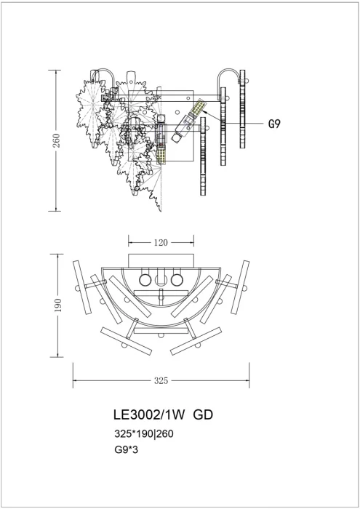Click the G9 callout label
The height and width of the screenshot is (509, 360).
pos(274,124)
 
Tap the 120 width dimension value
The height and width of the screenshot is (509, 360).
pos(161,242)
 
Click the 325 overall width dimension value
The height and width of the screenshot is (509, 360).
pos(161,380)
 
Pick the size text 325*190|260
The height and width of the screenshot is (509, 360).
pos(143,433)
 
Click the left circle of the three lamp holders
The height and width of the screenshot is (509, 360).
pos(145,279)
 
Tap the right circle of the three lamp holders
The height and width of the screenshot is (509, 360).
pos(177,279)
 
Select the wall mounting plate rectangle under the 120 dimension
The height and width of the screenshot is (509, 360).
pos(161,261)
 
